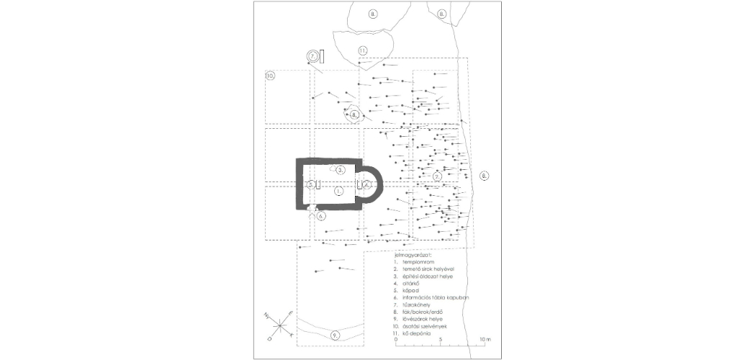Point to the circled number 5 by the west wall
point(310,185)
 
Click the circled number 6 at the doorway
point(321,215)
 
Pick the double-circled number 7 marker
point(313,55)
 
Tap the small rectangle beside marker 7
point(322,56)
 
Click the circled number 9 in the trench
point(336,336)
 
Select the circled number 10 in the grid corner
point(270,75)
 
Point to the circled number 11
point(363,50)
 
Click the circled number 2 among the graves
point(437,175)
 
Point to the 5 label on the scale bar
point(440,338)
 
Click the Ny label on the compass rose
point(266,315)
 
